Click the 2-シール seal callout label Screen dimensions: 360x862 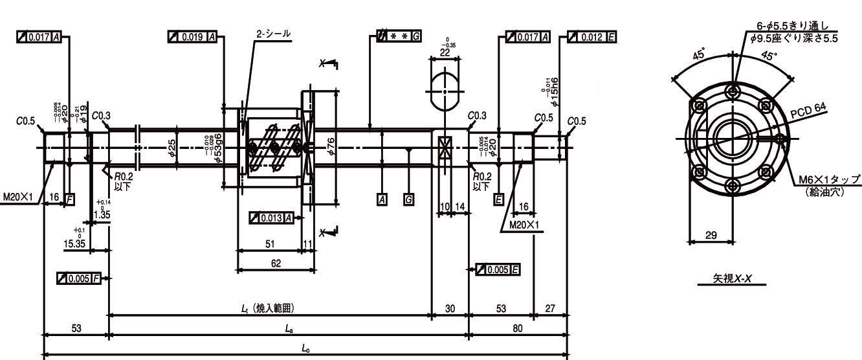273,33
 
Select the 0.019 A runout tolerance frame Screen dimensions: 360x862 192,38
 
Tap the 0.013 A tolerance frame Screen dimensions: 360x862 271,218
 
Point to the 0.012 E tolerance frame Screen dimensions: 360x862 591,38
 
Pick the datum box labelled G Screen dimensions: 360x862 408,199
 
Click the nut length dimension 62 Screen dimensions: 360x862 276,263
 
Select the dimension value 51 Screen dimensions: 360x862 270,244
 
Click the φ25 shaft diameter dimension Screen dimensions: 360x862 171,148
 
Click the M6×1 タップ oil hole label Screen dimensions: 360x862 829,184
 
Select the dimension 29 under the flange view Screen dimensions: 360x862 711,235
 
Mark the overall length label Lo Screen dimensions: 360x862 305,348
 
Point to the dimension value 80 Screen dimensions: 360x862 518,328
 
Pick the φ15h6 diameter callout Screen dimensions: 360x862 551,91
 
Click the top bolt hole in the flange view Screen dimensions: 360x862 732,90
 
